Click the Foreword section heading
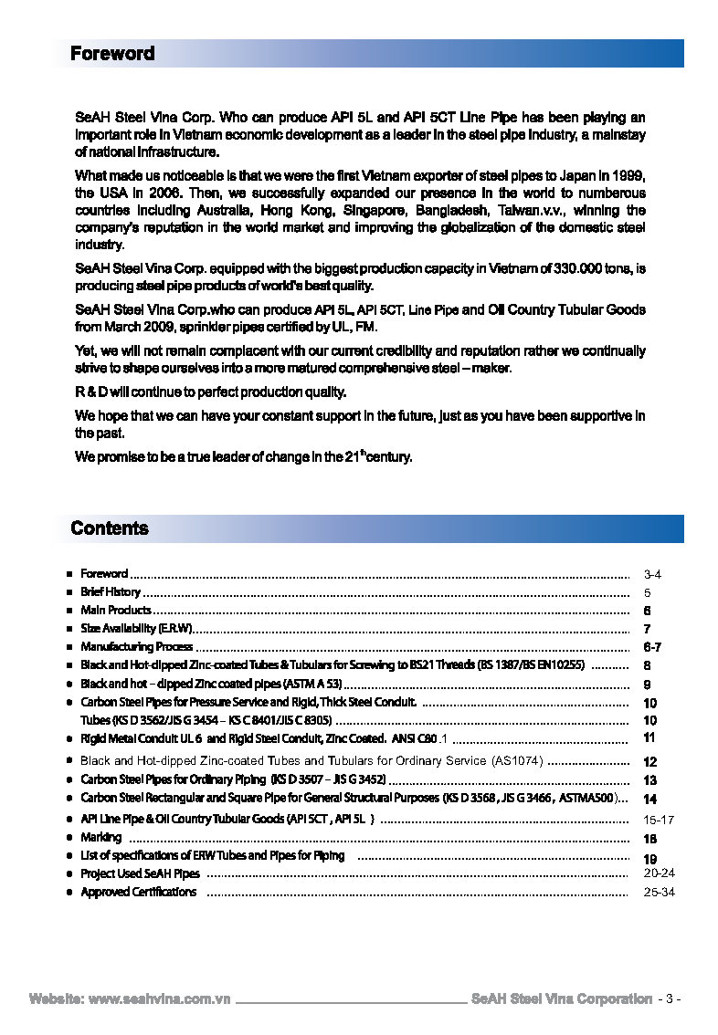point(112,54)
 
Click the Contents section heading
point(109,528)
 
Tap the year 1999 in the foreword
point(628,175)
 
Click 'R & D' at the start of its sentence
point(92,392)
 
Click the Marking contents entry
point(100,837)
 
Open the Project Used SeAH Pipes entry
point(140,873)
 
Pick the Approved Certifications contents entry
point(138,892)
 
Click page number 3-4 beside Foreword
point(652,575)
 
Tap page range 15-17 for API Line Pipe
point(659,820)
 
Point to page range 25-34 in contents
point(659,892)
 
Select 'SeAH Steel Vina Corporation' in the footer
point(561,998)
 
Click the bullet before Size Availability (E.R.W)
point(69,629)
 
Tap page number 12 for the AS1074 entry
point(650,761)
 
